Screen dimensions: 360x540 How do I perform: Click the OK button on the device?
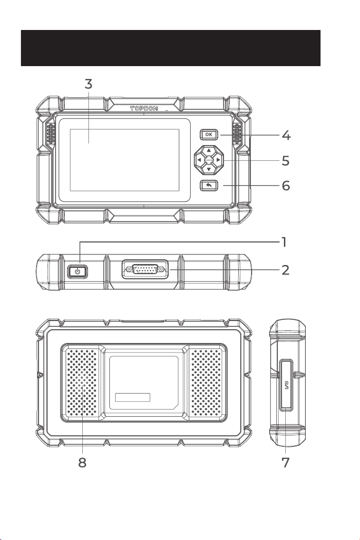(x=209, y=135)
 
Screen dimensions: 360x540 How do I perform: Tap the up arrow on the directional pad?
(x=209, y=150)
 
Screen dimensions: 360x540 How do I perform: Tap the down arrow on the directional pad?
(x=209, y=169)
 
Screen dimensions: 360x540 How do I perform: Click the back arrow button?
(x=209, y=186)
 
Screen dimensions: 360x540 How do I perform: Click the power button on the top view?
(x=78, y=271)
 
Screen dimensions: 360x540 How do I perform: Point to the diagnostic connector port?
(x=145, y=269)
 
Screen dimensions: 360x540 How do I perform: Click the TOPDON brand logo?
(x=144, y=108)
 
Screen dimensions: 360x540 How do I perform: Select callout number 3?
(x=88, y=84)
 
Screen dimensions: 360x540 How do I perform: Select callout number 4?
(x=286, y=135)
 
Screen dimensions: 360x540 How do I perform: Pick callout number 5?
(x=286, y=161)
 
